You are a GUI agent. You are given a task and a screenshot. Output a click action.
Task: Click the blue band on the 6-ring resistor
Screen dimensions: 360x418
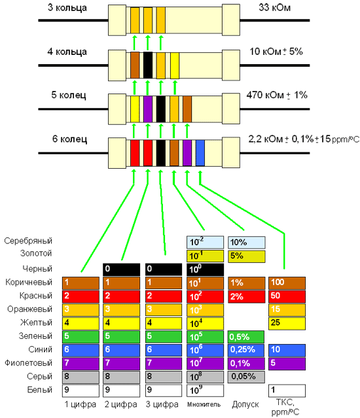tap(200, 153)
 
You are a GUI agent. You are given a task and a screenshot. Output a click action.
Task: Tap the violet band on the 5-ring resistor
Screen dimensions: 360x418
tap(148, 109)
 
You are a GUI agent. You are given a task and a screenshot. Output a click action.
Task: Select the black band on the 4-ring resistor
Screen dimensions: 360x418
tap(148, 65)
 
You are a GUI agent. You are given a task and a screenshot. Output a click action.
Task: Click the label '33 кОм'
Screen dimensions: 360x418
tap(274, 7)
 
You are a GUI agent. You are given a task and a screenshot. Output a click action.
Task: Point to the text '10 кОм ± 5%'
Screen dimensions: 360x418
tap(276, 52)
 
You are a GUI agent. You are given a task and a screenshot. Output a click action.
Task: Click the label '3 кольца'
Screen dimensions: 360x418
tap(67, 8)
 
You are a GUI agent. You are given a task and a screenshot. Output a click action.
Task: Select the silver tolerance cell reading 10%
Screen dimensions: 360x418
tap(246, 242)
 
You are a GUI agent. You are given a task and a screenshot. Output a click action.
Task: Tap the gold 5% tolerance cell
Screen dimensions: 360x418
tap(246, 256)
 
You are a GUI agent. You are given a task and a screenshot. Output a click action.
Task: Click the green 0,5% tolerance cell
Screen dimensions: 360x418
tap(246, 337)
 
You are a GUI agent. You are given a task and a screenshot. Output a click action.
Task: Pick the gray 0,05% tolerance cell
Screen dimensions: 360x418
tap(246, 377)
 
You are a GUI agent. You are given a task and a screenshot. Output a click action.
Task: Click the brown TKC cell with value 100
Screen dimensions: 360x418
tap(287, 283)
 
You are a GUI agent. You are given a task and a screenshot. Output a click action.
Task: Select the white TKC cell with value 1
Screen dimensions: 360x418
tap(287, 391)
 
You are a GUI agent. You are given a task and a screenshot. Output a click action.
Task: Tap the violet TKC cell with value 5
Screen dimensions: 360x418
tap(287, 364)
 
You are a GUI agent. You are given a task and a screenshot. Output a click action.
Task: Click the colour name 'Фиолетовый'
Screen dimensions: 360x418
tap(28, 363)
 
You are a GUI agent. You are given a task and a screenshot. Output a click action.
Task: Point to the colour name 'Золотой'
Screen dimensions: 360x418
tap(36, 253)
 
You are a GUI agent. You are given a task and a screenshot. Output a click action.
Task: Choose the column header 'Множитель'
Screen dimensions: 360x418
tap(204, 405)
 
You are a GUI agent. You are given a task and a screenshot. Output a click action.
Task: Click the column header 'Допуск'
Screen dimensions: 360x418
tap(245, 405)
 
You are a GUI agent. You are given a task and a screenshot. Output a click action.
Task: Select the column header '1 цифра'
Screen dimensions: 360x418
tap(81, 405)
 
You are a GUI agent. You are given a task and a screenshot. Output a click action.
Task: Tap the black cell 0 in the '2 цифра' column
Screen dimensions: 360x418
tap(121, 270)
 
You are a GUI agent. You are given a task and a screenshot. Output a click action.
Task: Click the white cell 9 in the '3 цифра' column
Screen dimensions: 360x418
tap(164, 391)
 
